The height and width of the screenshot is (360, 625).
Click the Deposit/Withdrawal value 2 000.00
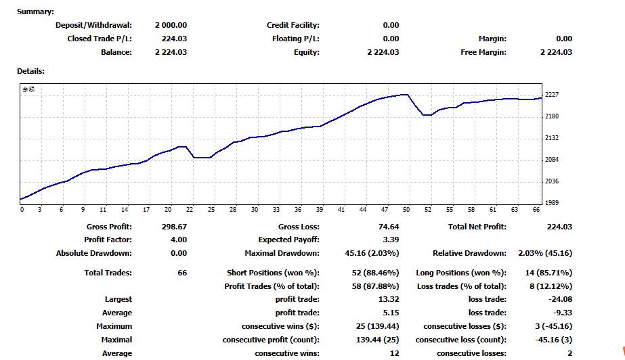tap(171, 25)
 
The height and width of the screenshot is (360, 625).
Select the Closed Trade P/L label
tap(100, 39)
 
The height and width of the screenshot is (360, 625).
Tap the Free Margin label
tap(483, 52)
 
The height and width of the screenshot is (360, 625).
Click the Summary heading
tap(35, 12)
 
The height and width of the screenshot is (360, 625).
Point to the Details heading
tap(30, 71)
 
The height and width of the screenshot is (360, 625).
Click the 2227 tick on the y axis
tap(552, 94)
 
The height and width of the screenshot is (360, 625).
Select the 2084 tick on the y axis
tap(552, 159)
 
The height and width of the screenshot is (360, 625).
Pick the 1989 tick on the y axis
tap(552, 203)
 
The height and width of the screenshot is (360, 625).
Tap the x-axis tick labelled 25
tap(211, 210)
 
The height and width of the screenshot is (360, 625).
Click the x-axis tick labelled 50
tap(406, 210)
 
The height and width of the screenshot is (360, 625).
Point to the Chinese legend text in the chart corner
tap(28, 89)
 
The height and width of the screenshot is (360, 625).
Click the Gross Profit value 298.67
tap(174, 227)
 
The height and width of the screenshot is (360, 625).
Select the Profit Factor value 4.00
tap(179, 240)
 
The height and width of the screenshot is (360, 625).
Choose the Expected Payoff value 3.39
tap(391, 240)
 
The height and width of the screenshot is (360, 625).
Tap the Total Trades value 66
tap(182, 273)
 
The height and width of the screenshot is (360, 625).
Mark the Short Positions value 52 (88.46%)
tap(375, 273)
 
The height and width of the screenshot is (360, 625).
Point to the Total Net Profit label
tap(477, 227)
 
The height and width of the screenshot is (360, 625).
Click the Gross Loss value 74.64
tap(389, 227)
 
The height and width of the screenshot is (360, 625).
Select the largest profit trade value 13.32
tap(389, 299)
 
